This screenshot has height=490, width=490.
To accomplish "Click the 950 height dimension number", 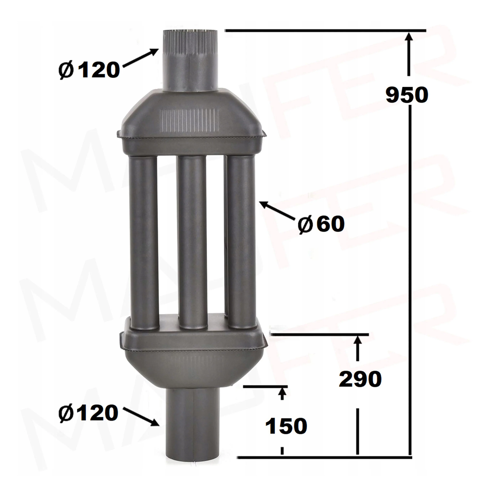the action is point(407,95).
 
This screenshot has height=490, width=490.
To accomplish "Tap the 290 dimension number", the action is point(360,379).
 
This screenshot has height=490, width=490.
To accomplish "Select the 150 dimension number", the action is point(286,426).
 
